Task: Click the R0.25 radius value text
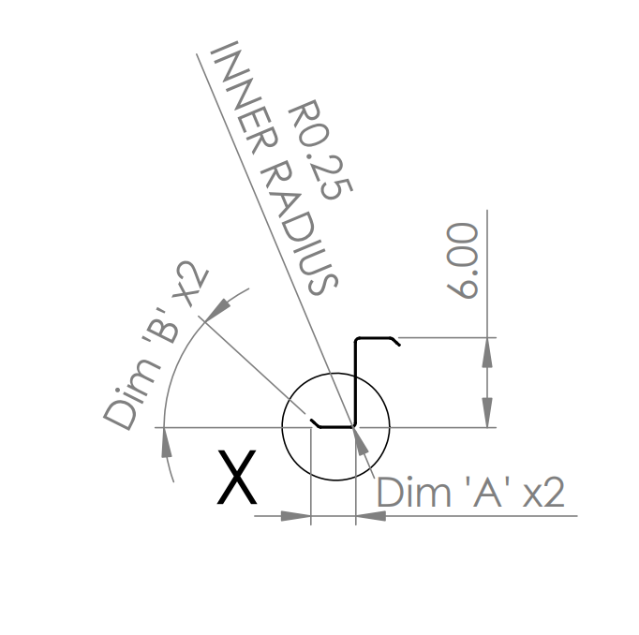pyautogui.click(x=319, y=150)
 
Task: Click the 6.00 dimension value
pyautogui.click(x=462, y=260)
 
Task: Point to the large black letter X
pyautogui.click(x=237, y=477)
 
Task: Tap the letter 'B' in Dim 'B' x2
pyautogui.click(x=162, y=326)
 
